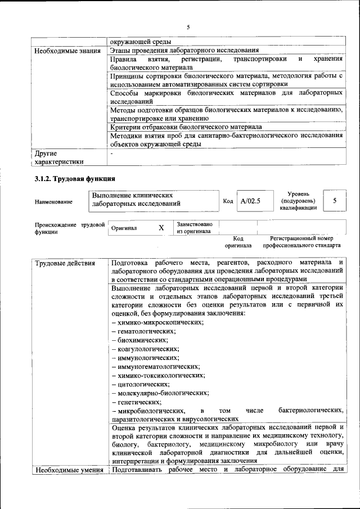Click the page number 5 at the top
coord(188,26)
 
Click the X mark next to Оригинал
coord(161,228)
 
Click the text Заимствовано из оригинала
coord(194,227)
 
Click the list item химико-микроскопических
coord(157,322)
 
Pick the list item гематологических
coord(144,331)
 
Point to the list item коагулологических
coord(145,349)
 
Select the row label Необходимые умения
coord(69,470)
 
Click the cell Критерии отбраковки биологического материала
coord(186,127)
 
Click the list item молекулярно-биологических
coord(160,393)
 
